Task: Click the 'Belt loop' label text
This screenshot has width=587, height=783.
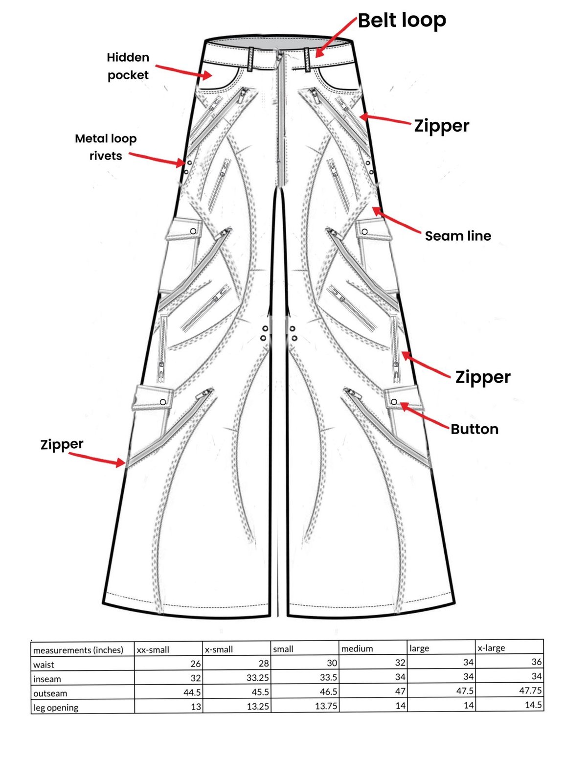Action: point(402,21)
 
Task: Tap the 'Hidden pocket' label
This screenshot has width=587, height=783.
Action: point(128,66)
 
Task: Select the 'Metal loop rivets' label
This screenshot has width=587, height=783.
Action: point(106,147)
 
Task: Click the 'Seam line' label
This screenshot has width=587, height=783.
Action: point(458,236)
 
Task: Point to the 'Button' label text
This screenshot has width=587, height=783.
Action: point(474,429)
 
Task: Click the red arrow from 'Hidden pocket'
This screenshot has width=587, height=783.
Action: point(183,70)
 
